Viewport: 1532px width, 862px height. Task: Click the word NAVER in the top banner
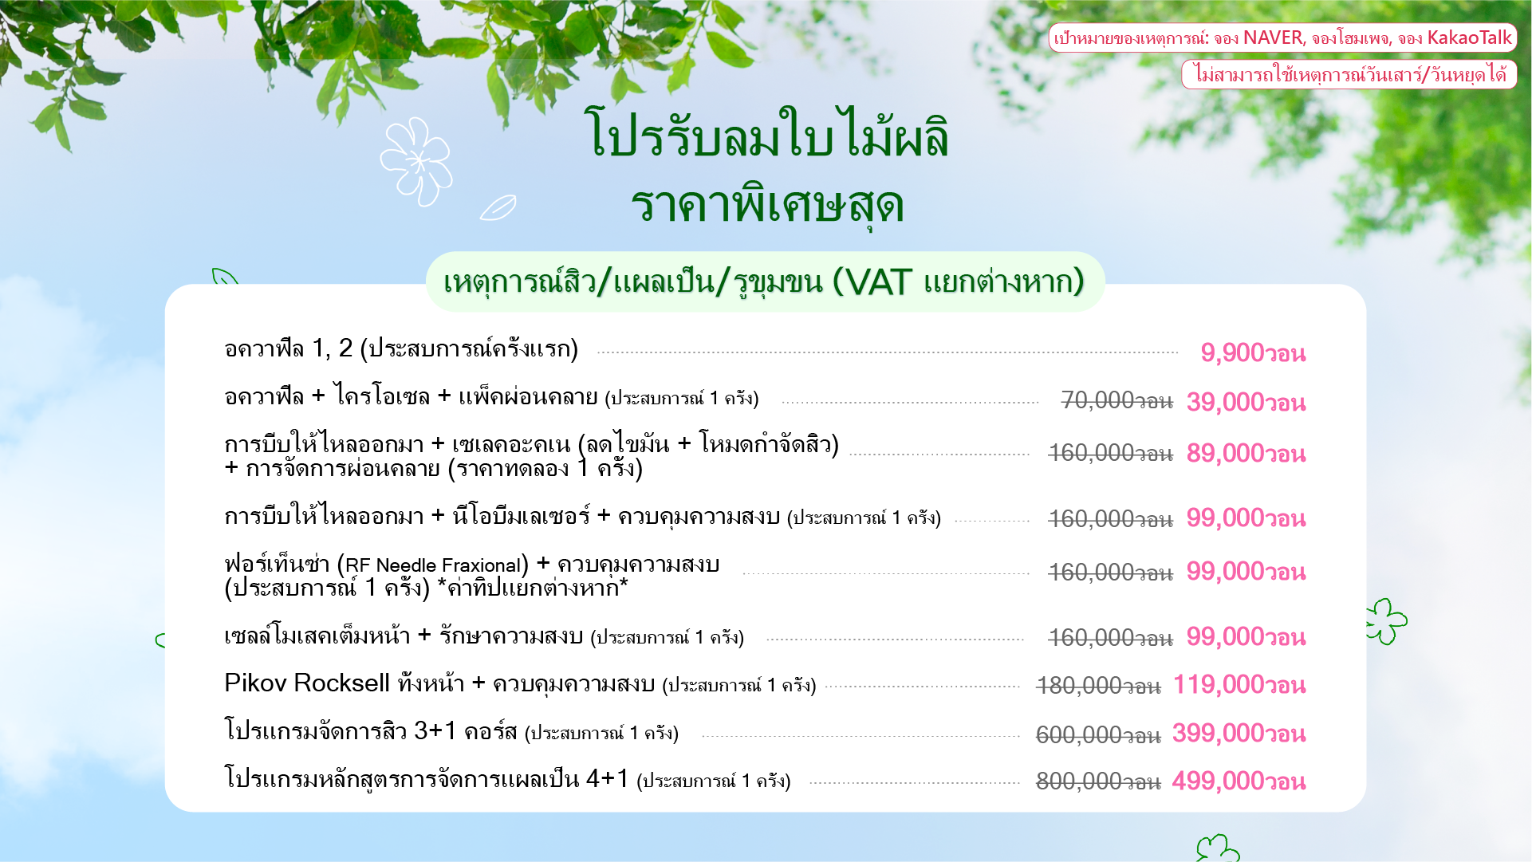(1273, 37)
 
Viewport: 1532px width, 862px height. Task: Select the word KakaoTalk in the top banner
(1469, 37)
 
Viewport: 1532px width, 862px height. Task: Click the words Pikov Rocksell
(307, 683)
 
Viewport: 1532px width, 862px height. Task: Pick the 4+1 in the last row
(607, 778)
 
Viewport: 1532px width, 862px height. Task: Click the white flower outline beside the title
(415, 161)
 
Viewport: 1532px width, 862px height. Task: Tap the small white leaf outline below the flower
(498, 208)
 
